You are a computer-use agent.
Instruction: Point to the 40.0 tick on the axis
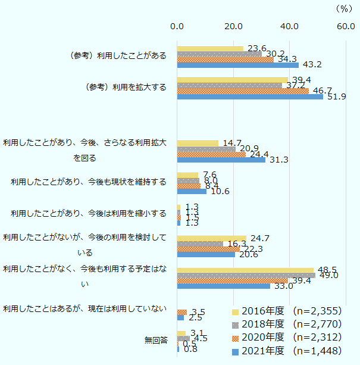tap(290, 26)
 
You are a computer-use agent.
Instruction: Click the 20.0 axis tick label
tap(233, 26)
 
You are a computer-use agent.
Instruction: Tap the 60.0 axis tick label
tap(345, 26)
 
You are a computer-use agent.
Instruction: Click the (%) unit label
tap(344, 8)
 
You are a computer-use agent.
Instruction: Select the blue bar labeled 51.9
tap(250, 96)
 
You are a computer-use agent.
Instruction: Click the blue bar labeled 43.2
tap(237, 65)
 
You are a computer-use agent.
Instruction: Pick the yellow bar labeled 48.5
tap(245, 270)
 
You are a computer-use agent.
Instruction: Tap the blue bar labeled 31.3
tap(221, 160)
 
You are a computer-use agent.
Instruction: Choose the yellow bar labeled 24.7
tap(211, 238)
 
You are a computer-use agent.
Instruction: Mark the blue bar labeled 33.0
tap(223, 286)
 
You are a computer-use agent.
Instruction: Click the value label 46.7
tap(321, 91)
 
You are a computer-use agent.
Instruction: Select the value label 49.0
tap(328, 275)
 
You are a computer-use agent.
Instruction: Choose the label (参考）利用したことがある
tap(118, 55)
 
